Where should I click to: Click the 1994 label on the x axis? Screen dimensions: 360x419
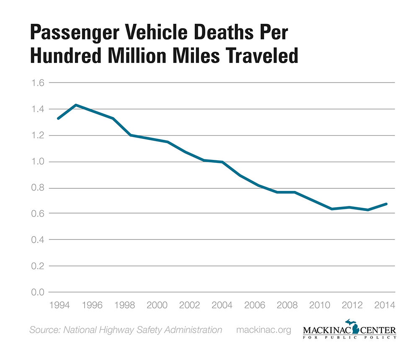pyautogui.click(x=59, y=304)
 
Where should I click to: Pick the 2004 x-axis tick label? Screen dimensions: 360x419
pyautogui.click(x=222, y=304)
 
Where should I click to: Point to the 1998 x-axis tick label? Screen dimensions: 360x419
pyautogui.click(x=124, y=304)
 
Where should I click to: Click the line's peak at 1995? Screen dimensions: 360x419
pyautogui.click(x=76, y=105)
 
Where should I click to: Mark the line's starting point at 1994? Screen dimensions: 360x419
pyautogui.click(x=59, y=118)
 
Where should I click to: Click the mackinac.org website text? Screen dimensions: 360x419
pyautogui.click(x=264, y=330)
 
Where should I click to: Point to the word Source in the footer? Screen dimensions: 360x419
pyautogui.click(x=44, y=330)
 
